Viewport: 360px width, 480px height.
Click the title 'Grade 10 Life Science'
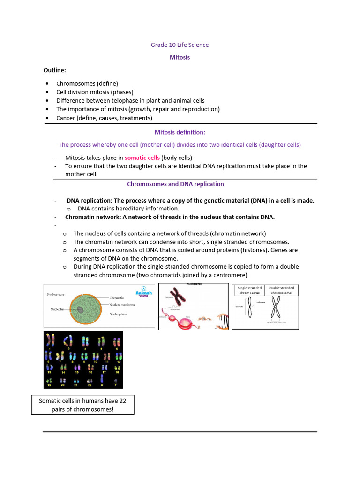(180, 45)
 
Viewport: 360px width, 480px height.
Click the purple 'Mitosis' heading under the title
(180, 57)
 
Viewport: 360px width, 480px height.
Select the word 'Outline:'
(55, 70)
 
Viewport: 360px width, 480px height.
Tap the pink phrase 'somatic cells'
(142, 157)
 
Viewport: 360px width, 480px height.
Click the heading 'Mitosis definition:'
(180, 132)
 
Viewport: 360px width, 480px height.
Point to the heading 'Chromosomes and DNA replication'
(175, 184)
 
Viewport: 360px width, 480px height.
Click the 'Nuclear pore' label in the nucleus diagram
(55, 294)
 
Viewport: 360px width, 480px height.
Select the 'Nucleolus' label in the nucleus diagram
(60, 309)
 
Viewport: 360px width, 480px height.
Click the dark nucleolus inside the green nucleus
(81, 309)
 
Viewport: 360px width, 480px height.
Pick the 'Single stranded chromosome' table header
(249, 290)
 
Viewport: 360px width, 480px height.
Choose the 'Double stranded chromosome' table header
(281, 290)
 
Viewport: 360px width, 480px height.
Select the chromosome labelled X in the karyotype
(102, 378)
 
